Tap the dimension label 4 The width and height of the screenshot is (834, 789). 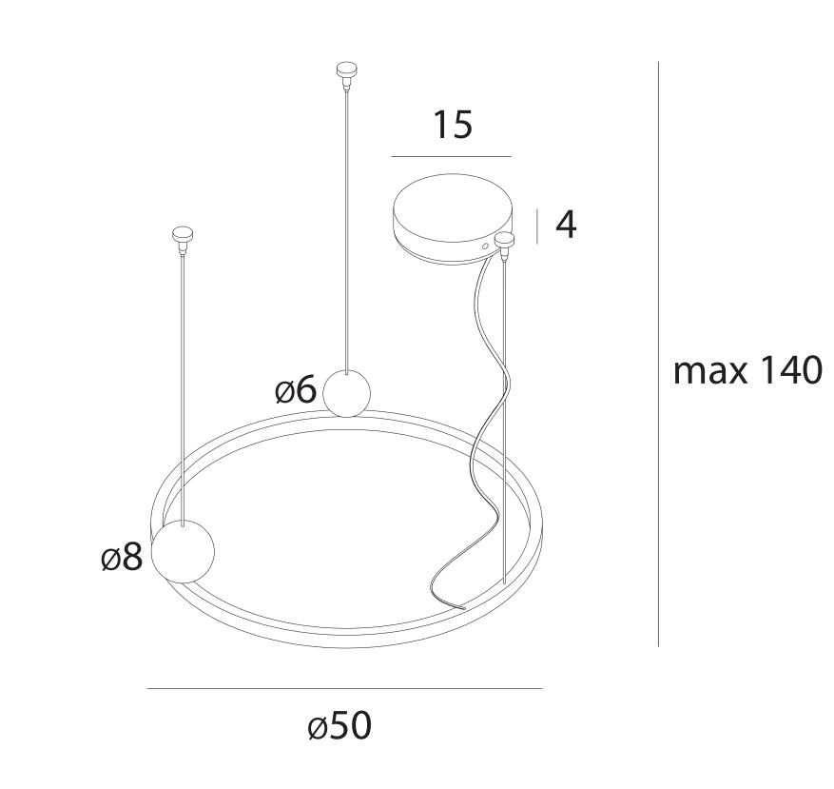pyautogui.click(x=566, y=225)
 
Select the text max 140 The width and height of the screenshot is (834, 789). pyautogui.click(x=747, y=370)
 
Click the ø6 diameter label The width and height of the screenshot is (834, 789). pyautogui.click(x=296, y=390)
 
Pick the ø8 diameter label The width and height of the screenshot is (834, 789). pyautogui.click(x=122, y=557)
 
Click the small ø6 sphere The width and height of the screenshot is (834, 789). pyautogui.click(x=347, y=394)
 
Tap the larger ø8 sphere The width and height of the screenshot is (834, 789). pyautogui.click(x=183, y=552)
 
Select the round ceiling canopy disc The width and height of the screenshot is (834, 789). pyautogui.click(x=454, y=218)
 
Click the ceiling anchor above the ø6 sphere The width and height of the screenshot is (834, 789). pyautogui.click(x=346, y=75)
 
